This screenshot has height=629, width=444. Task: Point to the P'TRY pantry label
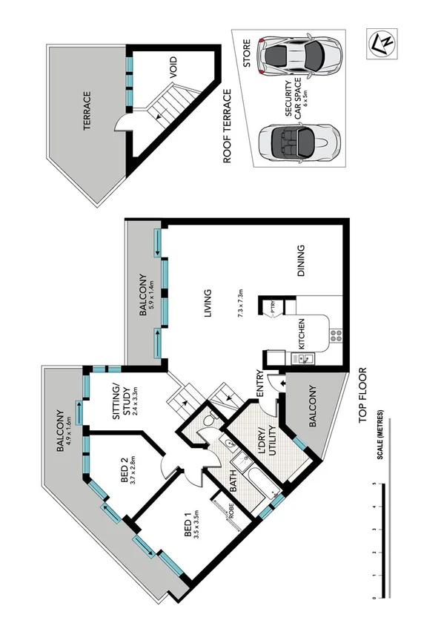point(274,308)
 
